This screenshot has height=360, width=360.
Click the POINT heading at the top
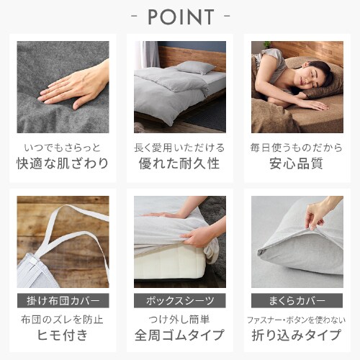(x=181, y=17)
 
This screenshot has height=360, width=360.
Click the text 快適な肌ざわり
(x=63, y=163)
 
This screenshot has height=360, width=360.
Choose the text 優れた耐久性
(x=179, y=163)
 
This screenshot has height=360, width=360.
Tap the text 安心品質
(x=297, y=163)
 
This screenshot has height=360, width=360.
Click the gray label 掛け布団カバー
(x=63, y=300)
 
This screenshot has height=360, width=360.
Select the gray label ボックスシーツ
(x=180, y=300)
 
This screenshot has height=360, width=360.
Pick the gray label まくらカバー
(x=297, y=300)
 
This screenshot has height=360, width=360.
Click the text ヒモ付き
(x=63, y=335)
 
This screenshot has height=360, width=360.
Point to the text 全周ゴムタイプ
(x=179, y=335)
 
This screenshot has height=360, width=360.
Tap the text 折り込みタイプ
(x=297, y=335)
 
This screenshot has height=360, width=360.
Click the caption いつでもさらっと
(x=63, y=148)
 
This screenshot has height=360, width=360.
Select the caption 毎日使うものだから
(x=297, y=148)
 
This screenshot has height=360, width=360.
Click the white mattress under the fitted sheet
(x=171, y=263)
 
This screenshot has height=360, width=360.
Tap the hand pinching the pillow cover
(x=318, y=215)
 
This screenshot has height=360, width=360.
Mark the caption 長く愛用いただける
(x=179, y=148)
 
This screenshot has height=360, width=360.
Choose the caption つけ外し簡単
(x=179, y=320)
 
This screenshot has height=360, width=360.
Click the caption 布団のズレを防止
(x=63, y=320)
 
